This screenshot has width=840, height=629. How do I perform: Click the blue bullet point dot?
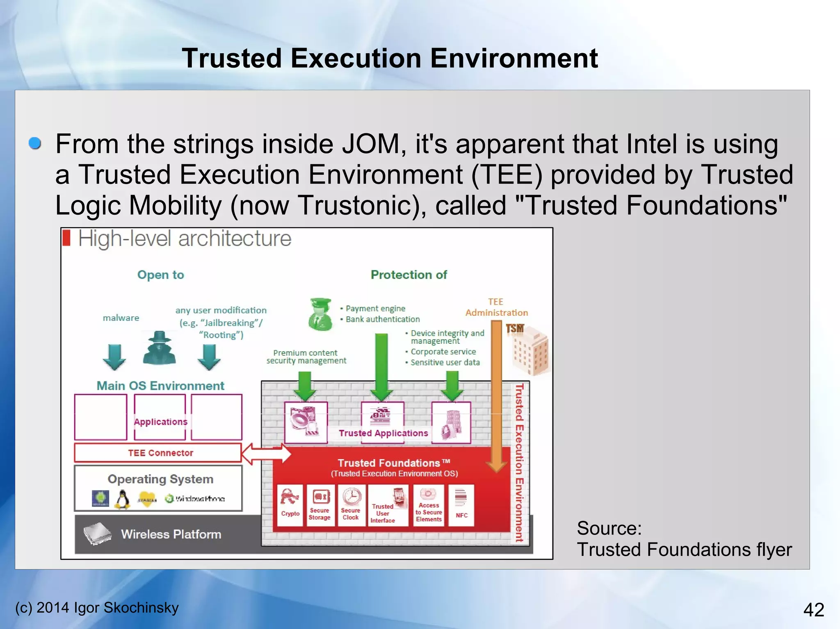click(35, 143)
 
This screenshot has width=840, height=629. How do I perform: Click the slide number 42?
click(813, 610)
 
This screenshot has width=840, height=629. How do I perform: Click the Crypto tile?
click(290, 505)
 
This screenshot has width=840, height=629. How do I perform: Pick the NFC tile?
click(461, 505)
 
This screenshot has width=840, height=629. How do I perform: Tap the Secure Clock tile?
click(351, 505)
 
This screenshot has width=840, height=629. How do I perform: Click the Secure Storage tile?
click(320, 505)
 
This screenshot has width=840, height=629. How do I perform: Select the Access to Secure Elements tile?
click(429, 505)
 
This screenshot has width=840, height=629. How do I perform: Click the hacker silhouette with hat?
click(159, 348)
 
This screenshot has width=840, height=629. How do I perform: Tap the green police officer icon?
click(320, 314)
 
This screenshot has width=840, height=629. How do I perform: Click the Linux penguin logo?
click(122, 500)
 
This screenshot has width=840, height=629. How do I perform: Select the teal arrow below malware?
click(114, 357)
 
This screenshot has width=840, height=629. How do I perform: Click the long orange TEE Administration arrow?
click(496, 393)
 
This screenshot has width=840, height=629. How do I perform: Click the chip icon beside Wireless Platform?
click(97, 534)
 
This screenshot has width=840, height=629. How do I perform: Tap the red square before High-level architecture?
click(66, 238)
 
